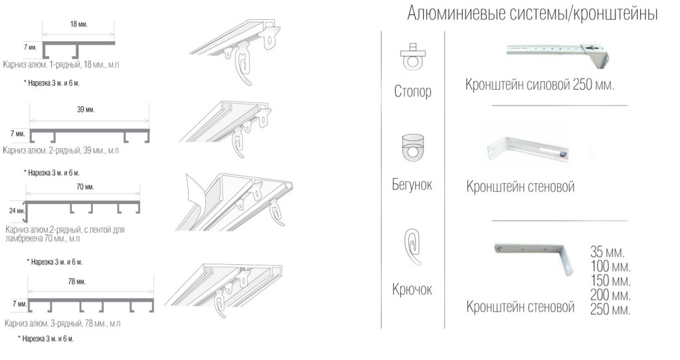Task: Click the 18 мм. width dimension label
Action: [x=78, y=25]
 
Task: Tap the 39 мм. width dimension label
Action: [x=86, y=110]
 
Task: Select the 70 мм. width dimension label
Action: [x=85, y=187]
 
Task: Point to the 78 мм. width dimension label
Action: [x=76, y=282]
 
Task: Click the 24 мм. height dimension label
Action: [x=17, y=211]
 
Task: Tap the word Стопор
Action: [x=412, y=91]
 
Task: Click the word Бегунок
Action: [x=412, y=185]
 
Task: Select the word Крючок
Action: [x=412, y=290]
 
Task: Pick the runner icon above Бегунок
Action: [x=413, y=147]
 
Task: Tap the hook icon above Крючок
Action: [x=412, y=246]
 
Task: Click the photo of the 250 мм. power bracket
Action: [x=558, y=54]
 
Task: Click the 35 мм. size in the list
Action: [x=607, y=252]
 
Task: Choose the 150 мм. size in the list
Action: [x=610, y=280]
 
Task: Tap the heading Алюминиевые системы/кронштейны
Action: [x=533, y=14]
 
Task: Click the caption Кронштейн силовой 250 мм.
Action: [x=539, y=84]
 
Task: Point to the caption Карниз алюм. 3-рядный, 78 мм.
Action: [x=62, y=323]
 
